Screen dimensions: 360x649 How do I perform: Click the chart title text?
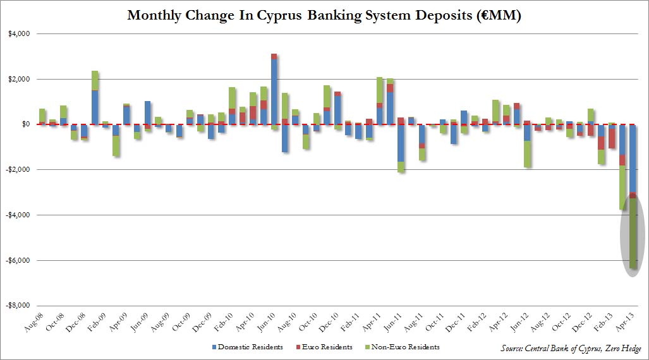point(324,15)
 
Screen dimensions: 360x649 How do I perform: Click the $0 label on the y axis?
point(27,125)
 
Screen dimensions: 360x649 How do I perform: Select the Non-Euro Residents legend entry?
point(404,347)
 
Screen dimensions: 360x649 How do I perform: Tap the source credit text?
point(571,349)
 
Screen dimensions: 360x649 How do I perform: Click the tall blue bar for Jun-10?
point(274,95)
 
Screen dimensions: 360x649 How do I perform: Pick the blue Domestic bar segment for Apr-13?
point(633,158)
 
